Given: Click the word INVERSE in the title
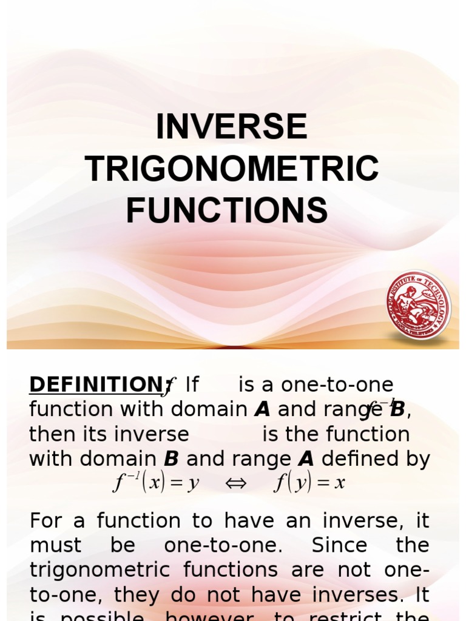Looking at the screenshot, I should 231,127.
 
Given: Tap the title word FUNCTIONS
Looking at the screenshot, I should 227,210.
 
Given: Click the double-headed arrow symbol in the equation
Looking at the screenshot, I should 237,483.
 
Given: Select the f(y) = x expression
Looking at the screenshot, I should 309,483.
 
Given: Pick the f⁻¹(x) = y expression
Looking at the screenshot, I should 156,483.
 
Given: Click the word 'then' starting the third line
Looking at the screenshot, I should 51,434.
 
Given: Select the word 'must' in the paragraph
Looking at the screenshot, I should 55,545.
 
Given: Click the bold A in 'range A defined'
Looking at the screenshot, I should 307,459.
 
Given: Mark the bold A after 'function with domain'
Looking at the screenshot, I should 262,410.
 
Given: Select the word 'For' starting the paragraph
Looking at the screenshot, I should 46,520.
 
